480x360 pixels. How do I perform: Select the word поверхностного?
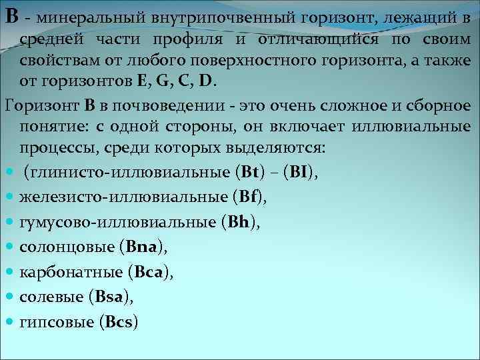point(212,60)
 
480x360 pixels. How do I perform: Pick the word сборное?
point(441,105)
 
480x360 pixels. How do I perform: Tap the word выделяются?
point(273,149)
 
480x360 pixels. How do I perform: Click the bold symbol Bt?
point(249,173)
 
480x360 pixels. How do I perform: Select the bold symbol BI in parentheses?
point(297,173)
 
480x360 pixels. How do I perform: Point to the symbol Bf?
point(247,197)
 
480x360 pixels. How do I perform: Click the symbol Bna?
point(141,248)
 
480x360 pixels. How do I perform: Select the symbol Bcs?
point(117,323)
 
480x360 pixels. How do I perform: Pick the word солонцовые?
point(66,248)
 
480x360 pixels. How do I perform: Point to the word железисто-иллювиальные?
point(123,197)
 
